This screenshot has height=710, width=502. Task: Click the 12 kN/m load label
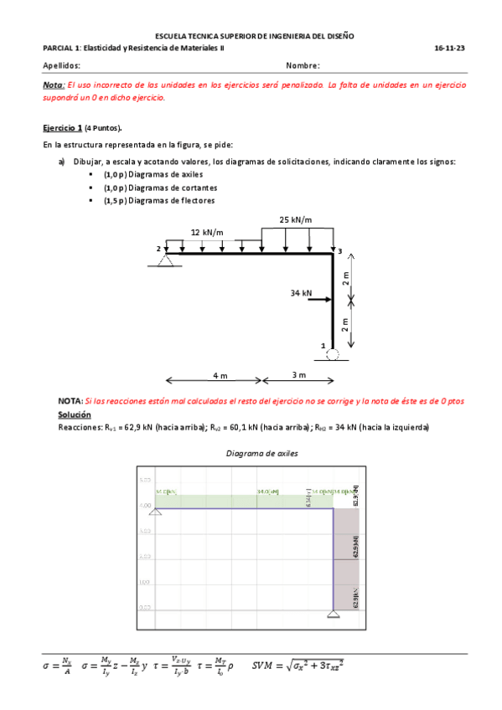207,232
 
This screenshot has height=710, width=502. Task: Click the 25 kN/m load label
296,220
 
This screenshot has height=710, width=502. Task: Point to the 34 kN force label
300,293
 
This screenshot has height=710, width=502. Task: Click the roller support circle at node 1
333,355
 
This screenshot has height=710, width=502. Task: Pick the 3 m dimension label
298,374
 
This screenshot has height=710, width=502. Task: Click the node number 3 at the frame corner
339,250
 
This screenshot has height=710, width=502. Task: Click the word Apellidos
61,65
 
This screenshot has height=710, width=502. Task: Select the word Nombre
303,65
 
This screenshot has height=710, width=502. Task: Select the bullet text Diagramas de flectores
159,201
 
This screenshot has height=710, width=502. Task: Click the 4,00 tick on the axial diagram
144,506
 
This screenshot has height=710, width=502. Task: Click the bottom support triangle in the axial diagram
334,616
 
